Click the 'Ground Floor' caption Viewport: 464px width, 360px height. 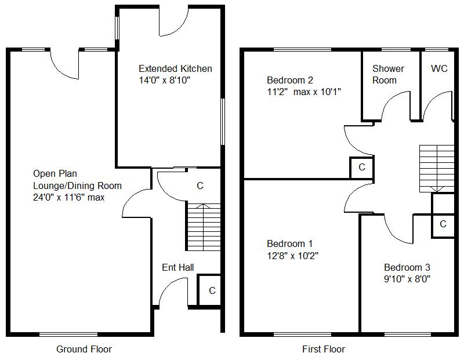tap(84, 349)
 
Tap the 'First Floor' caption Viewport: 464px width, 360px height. tap(323, 349)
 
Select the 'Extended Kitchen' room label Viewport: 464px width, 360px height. tap(175, 68)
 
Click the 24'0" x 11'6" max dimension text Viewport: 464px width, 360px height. tap(77, 197)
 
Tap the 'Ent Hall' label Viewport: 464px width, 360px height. tap(177, 267)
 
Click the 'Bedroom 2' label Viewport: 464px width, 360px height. tap(290, 80)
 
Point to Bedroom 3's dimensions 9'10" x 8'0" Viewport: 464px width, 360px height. tap(407, 279)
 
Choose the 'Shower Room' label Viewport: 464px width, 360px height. tap(388, 74)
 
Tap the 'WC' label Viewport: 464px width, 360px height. tap(439, 68)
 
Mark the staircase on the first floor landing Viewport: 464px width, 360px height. tap(437, 168)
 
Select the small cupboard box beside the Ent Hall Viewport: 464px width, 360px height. tap(210, 290)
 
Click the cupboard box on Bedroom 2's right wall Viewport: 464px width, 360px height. tap(361, 168)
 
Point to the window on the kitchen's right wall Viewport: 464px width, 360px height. tap(222, 122)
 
